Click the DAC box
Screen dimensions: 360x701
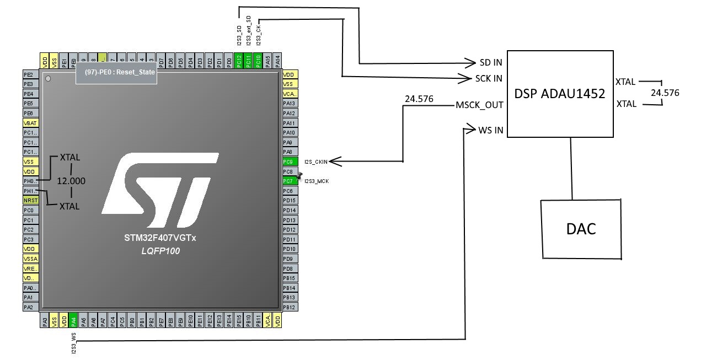pos(581,229)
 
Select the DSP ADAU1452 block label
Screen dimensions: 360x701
pos(560,94)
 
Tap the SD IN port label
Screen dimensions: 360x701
pos(490,62)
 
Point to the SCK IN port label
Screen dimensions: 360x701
pos(489,78)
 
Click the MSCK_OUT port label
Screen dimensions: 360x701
pos(479,105)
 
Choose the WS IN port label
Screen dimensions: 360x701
pos(490,130)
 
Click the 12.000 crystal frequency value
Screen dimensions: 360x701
pos(71,181)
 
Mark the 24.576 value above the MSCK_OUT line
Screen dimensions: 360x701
pos(419,99)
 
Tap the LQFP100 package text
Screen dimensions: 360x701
pos(160,251)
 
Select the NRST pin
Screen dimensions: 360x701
pos(30,200)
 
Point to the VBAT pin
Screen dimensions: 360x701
pos(30,123)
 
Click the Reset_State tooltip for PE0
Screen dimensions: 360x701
pos(116,72)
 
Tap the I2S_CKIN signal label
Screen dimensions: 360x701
pos(316,162)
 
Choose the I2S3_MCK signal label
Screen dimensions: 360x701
pos(317,181)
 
